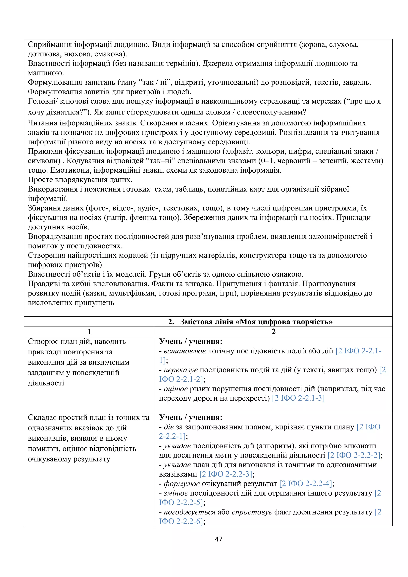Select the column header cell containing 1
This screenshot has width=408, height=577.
tap(89, 332)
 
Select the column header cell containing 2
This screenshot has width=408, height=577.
tap(274, 332)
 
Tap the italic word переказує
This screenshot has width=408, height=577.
tap(181, 370)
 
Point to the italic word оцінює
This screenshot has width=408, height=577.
tap(176, 389)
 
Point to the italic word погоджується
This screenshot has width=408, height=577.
tap(189, 512)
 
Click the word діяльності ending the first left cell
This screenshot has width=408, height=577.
tap(46, 383)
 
